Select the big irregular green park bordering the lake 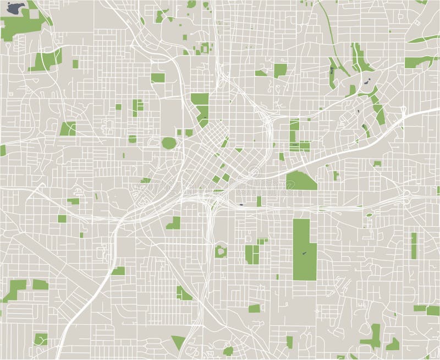pyautogui.click(x=22, y=25)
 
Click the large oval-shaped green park pyautogui.click(x=168, y=143)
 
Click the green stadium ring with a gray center pyautogui.click(x=222, y=251)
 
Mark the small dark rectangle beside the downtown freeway pyautogui.click(x=241, y=204)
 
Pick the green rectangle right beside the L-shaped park pyautogui.click(x=40, y=285)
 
